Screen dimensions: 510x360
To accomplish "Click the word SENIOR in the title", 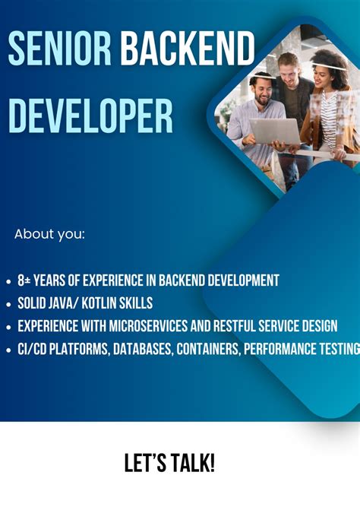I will pyautogui.click(x=60, y=49).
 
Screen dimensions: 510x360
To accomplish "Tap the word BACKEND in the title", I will pyautogui.click(x=187, y=49).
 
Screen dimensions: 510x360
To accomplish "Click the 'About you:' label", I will pyautogui.click(x=49, y=234).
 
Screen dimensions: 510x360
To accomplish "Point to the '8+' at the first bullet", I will pyautogui.click(x=25, y=280).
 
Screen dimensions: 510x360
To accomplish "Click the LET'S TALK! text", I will pyautogui.click(x=180, y=463).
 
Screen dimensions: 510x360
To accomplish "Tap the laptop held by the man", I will pyautogui.click(x=275, y=131).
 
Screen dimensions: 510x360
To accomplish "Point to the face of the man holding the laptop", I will pyautogui.click(x=263, y=90).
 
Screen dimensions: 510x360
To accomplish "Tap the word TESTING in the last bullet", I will pyautogui.click(x=339, y=349).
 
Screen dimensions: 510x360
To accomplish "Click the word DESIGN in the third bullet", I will pyautogui.click(x=319, y=326).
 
